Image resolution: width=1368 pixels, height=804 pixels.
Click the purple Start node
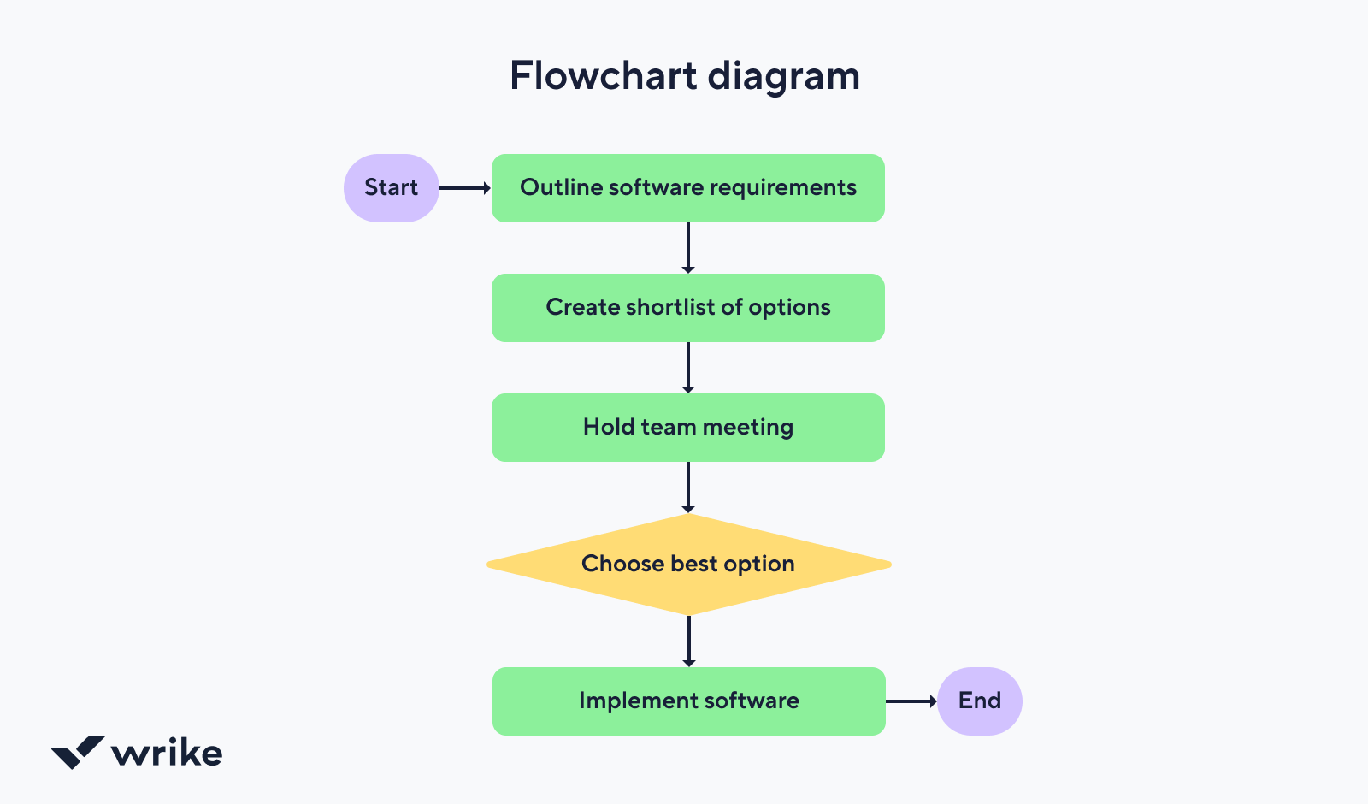click(x=391, y=188)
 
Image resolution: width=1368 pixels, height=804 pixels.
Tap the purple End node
click(x=979, y=701)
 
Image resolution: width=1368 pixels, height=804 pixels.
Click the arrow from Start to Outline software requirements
click(x=464, y=188)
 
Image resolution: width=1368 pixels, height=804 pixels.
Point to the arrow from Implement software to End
click(x=911, y=701)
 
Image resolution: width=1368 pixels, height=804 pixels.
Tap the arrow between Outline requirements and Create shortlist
click(x=688, y=247)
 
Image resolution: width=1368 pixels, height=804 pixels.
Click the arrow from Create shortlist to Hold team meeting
click(x=688, y=367)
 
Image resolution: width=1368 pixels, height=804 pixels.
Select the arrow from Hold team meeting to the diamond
click(x=688, y=487)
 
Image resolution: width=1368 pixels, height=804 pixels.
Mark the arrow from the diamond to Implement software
click(x=688, y=641)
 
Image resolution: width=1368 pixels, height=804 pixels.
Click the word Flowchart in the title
click(x=604, y=75)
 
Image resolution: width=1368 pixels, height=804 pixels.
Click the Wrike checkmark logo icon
click(x=78, y=752)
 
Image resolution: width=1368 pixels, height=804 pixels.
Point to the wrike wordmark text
click(x=167, y=753)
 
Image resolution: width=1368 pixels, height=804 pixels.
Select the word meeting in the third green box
click(x=747, y=428)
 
